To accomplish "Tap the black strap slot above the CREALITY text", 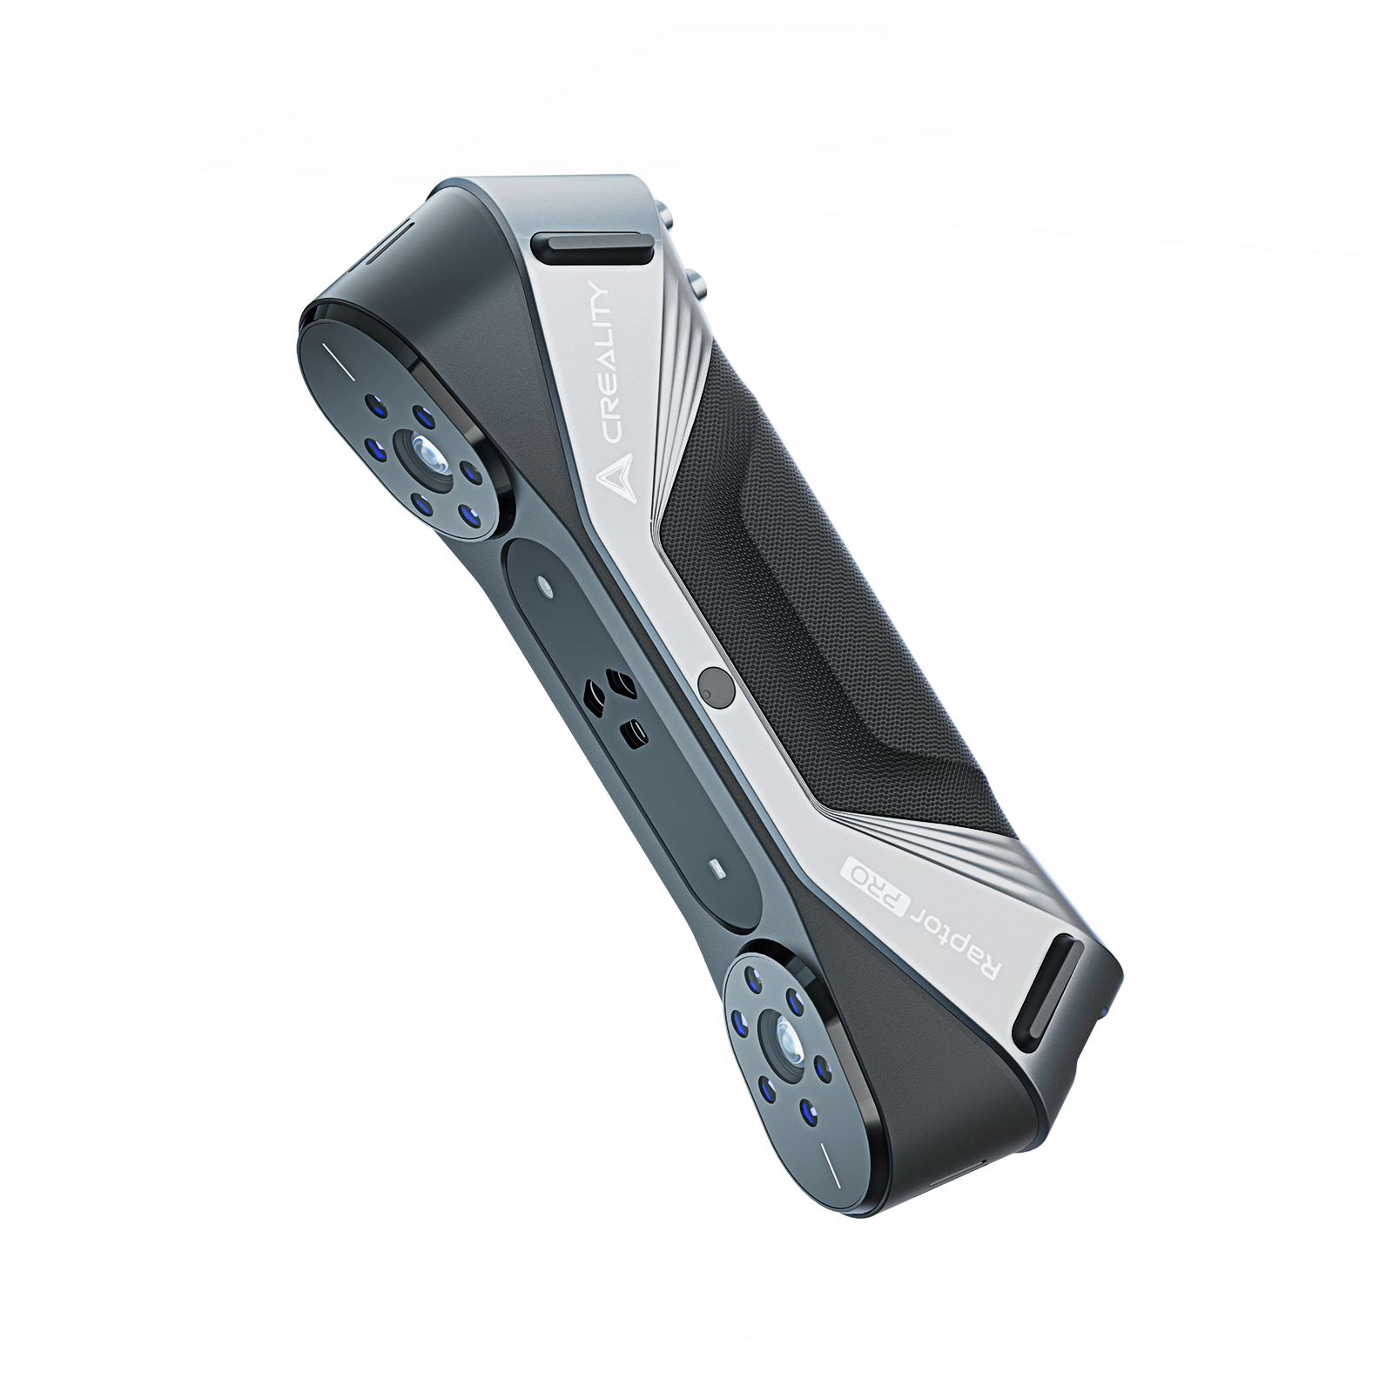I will [x=597, y=248].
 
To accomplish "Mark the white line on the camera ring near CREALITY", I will [x=334, y=359].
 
